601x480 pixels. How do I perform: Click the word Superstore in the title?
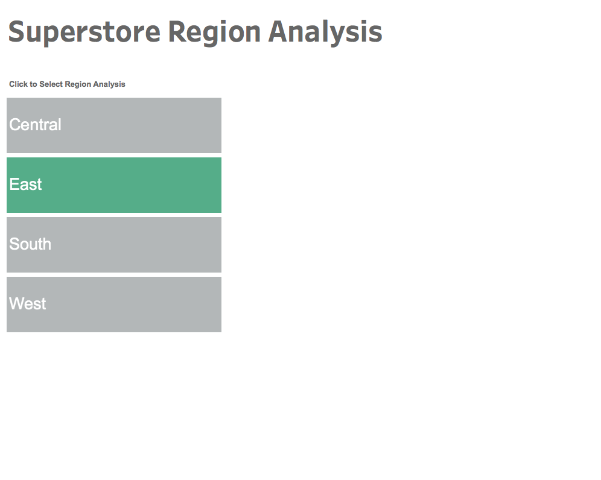tap(84, 33)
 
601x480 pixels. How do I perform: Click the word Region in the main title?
tap(214, 33)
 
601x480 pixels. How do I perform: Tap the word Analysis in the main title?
tap(325, 33)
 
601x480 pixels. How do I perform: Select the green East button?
tap(114, 185)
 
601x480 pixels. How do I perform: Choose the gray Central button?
tap(114, 125)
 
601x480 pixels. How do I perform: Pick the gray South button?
tap(114, 245)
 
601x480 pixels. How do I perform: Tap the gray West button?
tap(114, 305)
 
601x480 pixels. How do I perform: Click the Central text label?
tap(35, 124)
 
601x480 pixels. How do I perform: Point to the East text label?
tap(25, 185)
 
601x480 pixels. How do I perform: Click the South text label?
tap(30, 244)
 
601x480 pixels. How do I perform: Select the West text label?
tap(28, 304)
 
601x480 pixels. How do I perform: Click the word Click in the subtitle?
tap(18, 84)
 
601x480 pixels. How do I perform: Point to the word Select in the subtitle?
tap(51, 84)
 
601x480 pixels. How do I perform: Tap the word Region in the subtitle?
tap(78, 84)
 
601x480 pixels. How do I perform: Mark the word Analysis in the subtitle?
tap(109, 84)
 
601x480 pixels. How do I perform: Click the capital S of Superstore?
tap(16, 31)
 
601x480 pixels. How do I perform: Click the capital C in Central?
tap(14, 124)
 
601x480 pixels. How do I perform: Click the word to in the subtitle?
tap(33, 84)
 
